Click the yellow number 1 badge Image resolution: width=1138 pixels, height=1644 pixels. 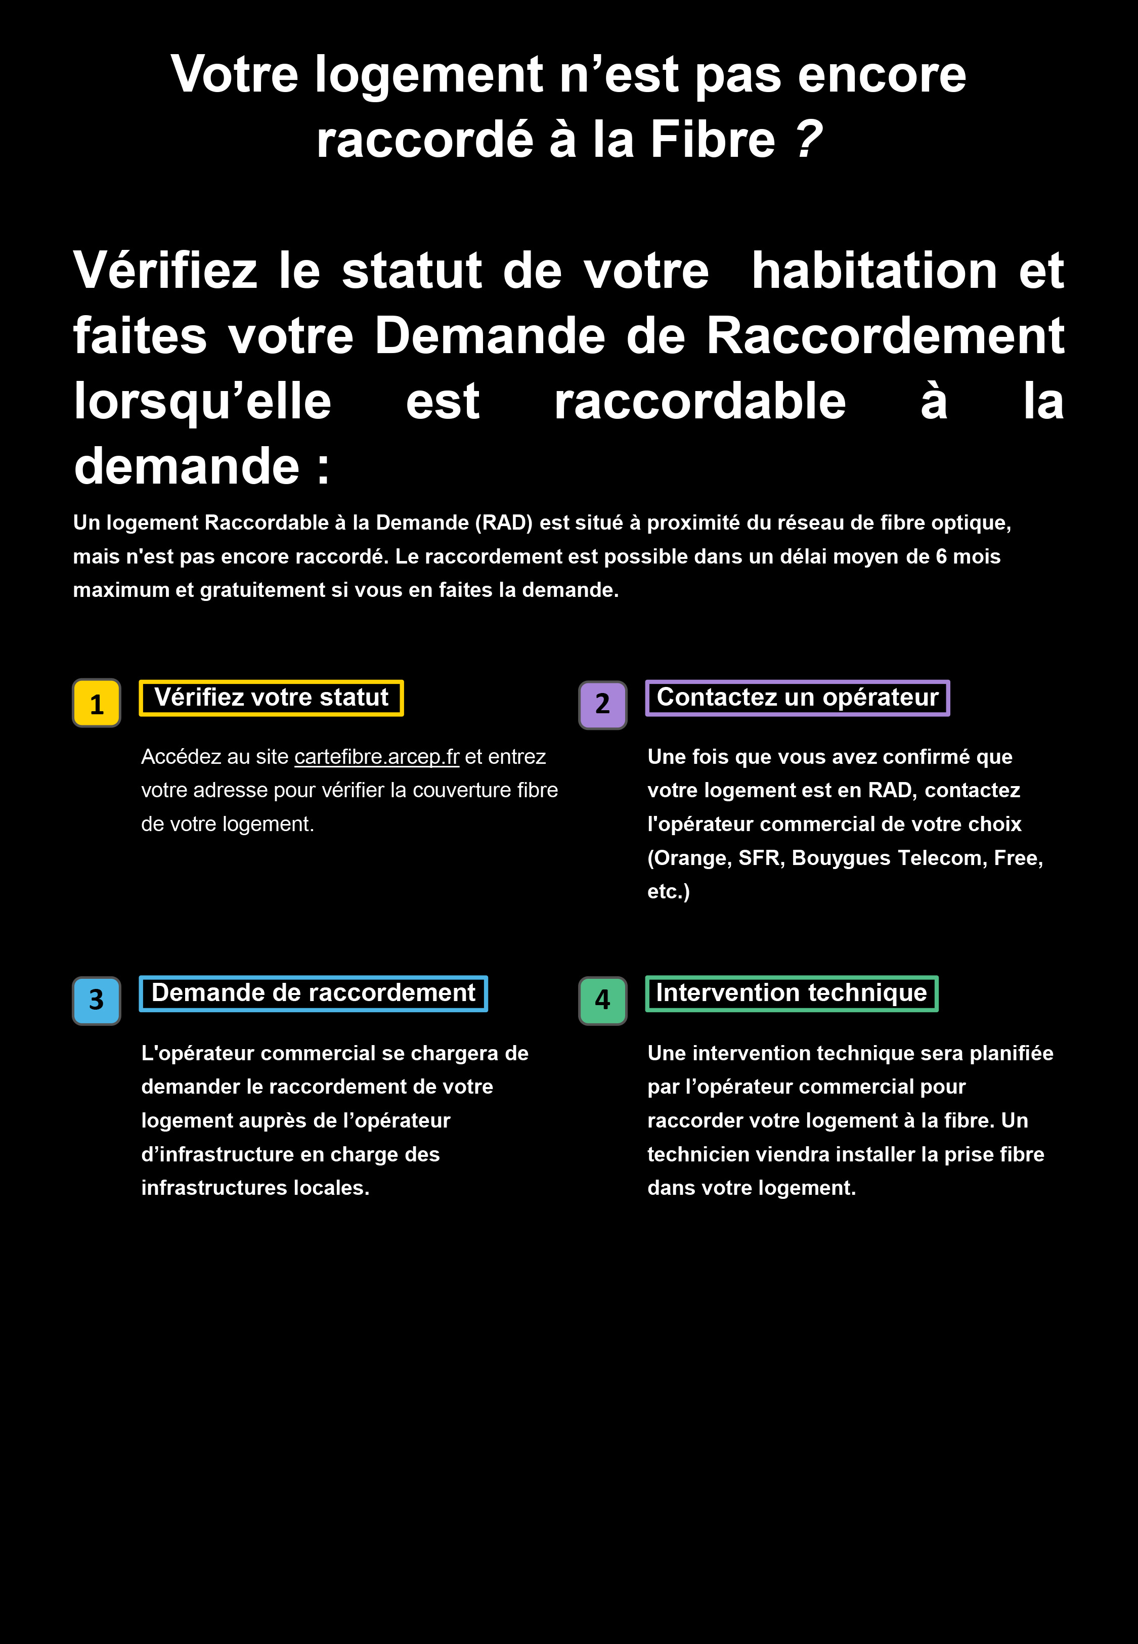(96, 704)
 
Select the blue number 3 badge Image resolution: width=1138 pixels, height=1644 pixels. (96, 1000)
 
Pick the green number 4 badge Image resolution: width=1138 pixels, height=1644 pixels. (602, 1000)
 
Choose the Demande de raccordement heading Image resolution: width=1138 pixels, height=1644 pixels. (313, 993)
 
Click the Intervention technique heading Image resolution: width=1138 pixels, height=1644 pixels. (792, 993)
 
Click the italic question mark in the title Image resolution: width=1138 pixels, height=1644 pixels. (809, 139)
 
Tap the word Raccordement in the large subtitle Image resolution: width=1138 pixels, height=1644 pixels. (885, 336)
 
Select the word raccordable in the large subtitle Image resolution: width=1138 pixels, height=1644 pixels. (699, 401)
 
